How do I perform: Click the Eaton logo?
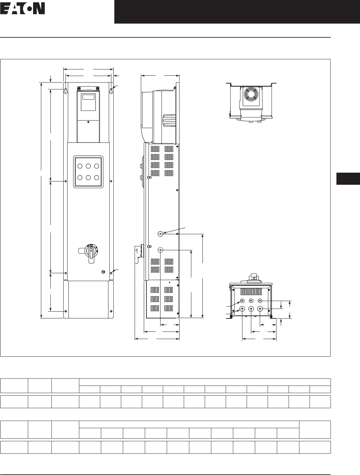(23, 9)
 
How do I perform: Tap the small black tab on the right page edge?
(348, 179)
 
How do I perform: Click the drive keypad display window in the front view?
(88, 97)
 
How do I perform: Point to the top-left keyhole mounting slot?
(66, 91)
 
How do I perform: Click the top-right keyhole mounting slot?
(111, 91)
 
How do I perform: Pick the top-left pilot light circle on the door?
(80, 166)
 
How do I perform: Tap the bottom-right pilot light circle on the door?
(97, 178)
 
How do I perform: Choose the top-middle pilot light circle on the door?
(88, 166)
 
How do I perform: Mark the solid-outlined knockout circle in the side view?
(160, 234)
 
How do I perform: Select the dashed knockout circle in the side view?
(160, 250)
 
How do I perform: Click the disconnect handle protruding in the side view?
(138, 254)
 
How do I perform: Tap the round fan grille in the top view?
(251, 94)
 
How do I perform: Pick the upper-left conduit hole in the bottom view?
(242, 301)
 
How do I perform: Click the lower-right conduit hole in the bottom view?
(260, 309)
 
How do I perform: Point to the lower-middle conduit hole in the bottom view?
(251, 309)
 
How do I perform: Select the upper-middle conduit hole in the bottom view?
(251, 301)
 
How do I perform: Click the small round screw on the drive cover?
(88, 122)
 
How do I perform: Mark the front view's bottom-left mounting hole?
(66, 311)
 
